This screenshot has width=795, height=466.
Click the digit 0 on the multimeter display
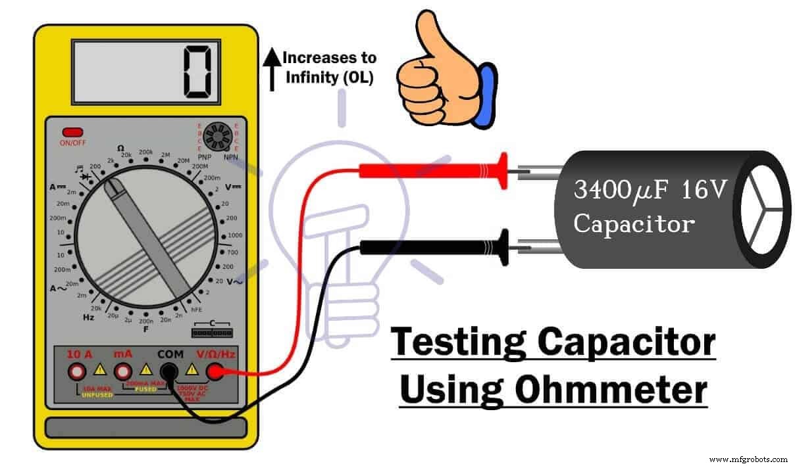[197, 71]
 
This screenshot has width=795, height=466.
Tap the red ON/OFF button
[72, 133]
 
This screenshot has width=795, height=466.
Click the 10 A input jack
[77, 372]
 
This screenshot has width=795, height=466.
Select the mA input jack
[123, 372]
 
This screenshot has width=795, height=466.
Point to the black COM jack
[170, 373]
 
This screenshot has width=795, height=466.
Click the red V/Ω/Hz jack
[215, 373]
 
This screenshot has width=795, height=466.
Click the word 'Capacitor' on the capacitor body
[634, 223]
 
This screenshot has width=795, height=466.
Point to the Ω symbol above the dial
[120, 148]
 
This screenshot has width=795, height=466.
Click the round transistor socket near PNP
[216, 137]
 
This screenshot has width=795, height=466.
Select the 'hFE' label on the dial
[196, 310]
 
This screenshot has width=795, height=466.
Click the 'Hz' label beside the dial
[88, 317]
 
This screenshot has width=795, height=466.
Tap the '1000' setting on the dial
[235, 235]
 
